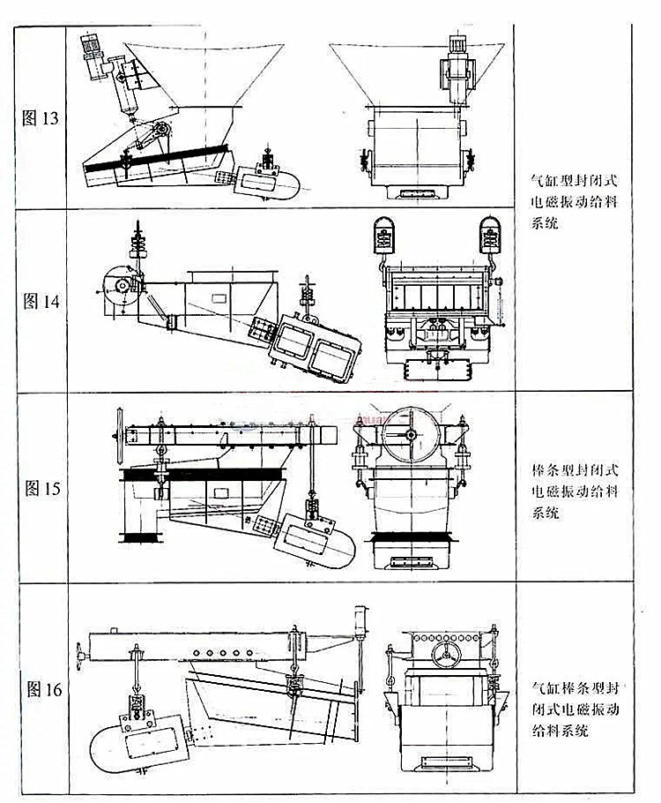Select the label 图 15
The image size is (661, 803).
tap(40, 487)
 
